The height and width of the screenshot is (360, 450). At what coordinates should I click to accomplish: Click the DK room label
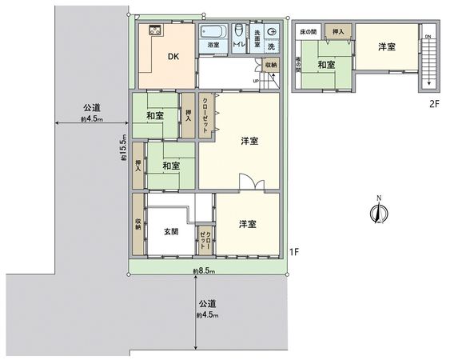pos(173,57)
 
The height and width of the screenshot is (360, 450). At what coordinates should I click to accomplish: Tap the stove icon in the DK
pos(153,30)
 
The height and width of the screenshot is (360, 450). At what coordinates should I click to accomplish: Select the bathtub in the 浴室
pos(213,31)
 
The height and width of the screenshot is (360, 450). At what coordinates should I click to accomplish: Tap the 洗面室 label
pos(257,35)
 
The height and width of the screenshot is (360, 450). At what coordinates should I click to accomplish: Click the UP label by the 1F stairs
pos(256,80)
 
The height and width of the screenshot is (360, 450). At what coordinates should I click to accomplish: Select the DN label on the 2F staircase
pos(428,37)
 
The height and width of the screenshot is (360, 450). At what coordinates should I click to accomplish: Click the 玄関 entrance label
pos(171,231)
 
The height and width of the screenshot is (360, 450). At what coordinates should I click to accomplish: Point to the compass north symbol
pos(378,211)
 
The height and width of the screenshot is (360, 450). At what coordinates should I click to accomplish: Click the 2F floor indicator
pos(435,104)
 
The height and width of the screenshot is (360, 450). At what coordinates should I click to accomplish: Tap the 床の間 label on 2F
pos(309,31)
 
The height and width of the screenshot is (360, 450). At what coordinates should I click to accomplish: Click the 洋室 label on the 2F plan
pos(387,47)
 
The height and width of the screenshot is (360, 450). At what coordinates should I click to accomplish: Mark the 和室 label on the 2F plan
pos(325,64)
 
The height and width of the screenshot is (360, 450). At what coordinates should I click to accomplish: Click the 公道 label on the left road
pos(90,108)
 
